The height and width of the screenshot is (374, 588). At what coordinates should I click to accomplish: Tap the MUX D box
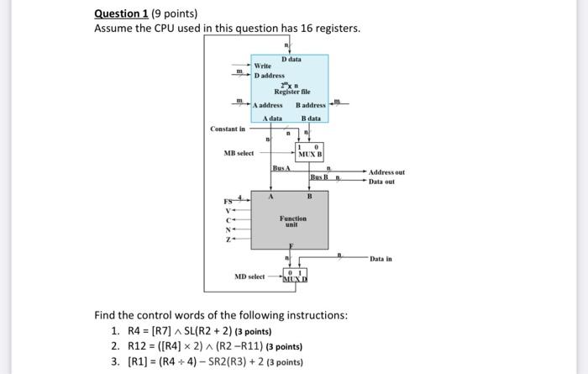[297, 277]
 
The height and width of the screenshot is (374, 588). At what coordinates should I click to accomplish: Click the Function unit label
[291, 221]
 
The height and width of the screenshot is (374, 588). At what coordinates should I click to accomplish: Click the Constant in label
[228, 129]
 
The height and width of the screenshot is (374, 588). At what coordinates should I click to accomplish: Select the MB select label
[239, 154]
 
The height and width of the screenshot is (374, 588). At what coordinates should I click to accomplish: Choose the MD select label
[249, 277]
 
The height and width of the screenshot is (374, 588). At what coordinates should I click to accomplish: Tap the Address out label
[387, 172]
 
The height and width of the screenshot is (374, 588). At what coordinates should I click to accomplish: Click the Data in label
[381, 260]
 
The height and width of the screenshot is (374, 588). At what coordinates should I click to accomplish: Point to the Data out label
[381, 181]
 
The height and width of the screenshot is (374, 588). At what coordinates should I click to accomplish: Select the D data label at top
[291, 59]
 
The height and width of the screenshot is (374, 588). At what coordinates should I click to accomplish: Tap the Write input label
[262, 66]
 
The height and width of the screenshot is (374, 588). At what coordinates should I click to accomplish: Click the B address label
[310, 105]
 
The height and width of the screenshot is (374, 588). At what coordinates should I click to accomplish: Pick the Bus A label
[281, 169]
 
